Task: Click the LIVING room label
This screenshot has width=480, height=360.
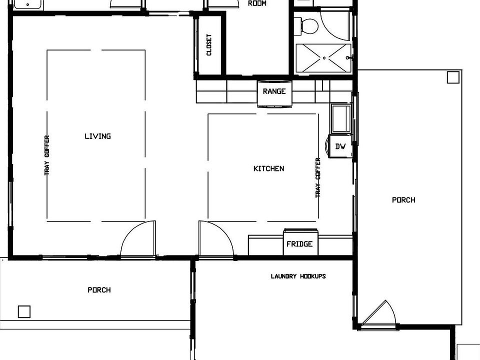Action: click(97, 136)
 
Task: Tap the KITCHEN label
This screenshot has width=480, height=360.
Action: click(268, 168)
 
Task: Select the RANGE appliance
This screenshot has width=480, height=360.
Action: click(274, 91)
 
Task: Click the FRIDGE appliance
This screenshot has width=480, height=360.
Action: click(299, 244)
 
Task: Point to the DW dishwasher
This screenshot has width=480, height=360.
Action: click(340, 146)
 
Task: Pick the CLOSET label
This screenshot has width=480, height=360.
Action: click(209, 45)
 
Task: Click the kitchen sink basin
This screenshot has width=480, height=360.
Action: click(341, 117)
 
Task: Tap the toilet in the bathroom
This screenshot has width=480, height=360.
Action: click(306, 25)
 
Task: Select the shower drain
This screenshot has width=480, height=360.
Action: click(324, 58)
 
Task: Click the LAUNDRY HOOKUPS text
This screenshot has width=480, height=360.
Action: click(298, 276)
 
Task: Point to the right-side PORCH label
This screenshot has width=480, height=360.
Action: click(403, 200)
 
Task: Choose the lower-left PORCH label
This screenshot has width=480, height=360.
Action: click(99, 290)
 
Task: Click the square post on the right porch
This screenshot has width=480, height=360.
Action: click(452, 77)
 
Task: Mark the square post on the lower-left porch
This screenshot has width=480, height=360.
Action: click(24, 311)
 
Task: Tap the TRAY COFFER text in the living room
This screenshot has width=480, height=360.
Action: click(47, 155)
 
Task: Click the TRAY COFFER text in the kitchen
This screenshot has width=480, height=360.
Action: click(318, 177)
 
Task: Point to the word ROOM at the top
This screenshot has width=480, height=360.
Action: click(257, 3)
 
